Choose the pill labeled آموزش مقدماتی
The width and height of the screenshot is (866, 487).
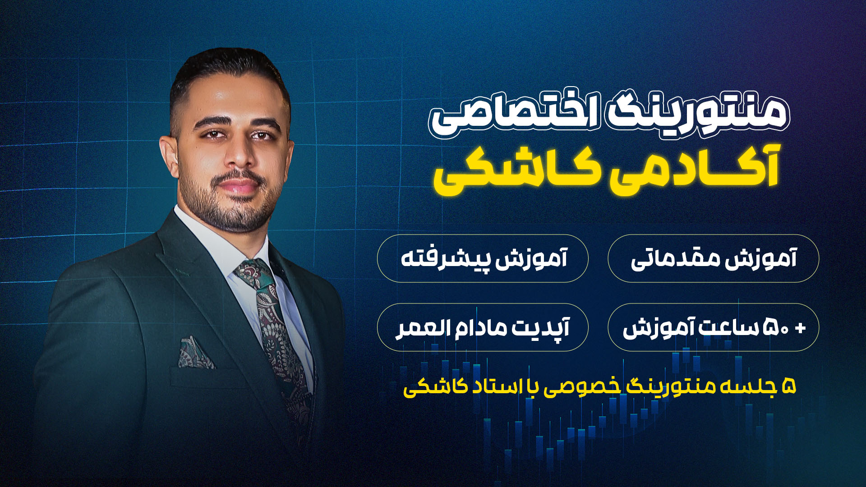(x=713, y=258)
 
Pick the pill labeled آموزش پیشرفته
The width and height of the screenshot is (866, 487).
(x=483, y=258)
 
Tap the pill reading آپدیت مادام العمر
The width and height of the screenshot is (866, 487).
(x=483, y=327)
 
